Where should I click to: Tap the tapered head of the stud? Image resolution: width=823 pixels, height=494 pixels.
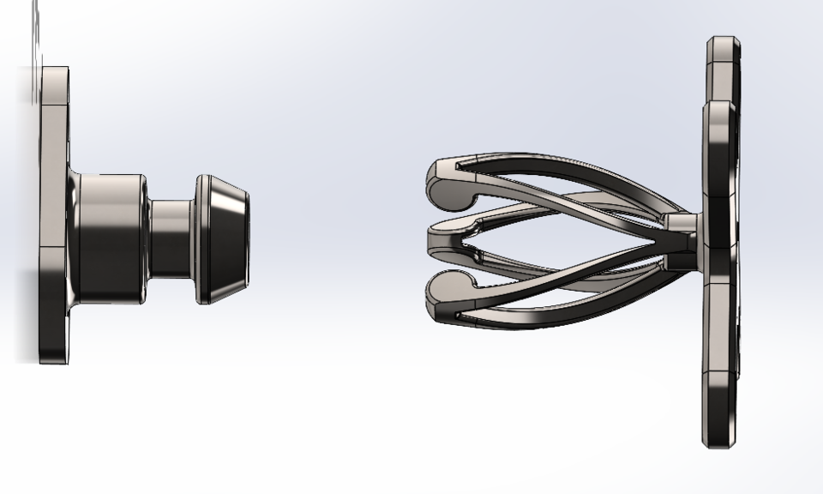click(x=225, y=238)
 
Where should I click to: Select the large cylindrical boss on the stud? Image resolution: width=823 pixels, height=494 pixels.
click(x=111, y=238)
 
